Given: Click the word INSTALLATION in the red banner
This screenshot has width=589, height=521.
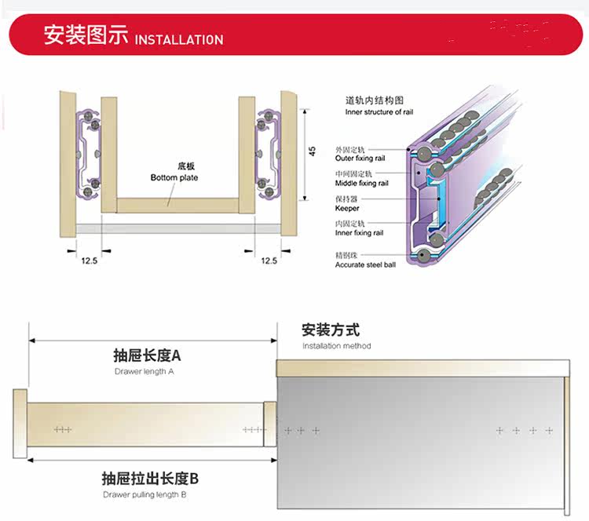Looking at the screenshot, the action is coord(179,39).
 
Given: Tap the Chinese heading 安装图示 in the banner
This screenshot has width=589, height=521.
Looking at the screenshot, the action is coord(86,35).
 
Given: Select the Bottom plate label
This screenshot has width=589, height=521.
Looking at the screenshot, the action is coord(174,177).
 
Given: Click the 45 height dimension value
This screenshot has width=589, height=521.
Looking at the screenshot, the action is coord(312,149).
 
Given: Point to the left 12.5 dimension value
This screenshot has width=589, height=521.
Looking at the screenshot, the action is coord(88,260).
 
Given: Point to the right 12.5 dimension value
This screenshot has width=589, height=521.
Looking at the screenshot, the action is coord(269,260).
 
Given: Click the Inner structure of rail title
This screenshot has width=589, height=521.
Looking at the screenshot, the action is coord(379,112).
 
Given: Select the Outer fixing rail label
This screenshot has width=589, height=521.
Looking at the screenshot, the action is coord(360,158).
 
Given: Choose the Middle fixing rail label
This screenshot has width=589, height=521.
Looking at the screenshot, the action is coord(361,183).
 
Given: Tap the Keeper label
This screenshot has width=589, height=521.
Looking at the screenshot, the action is coord(347,208).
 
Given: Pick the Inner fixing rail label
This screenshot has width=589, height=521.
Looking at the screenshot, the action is coord(359,233).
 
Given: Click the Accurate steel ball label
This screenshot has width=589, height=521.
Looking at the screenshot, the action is coord(365,264).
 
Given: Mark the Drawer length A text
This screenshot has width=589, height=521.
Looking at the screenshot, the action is coord(144,371).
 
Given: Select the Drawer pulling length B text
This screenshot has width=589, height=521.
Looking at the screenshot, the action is coord(144,494).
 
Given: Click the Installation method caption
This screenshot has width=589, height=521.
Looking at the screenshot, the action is coord(336,346).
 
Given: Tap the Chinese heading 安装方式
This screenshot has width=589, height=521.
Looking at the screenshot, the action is coord(331,330).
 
